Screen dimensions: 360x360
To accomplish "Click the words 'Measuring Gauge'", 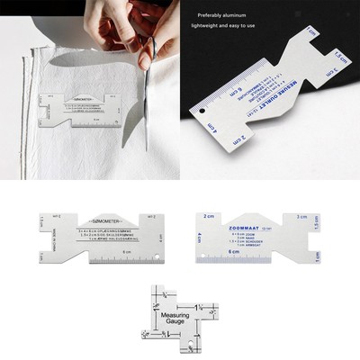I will coord(176,319).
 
